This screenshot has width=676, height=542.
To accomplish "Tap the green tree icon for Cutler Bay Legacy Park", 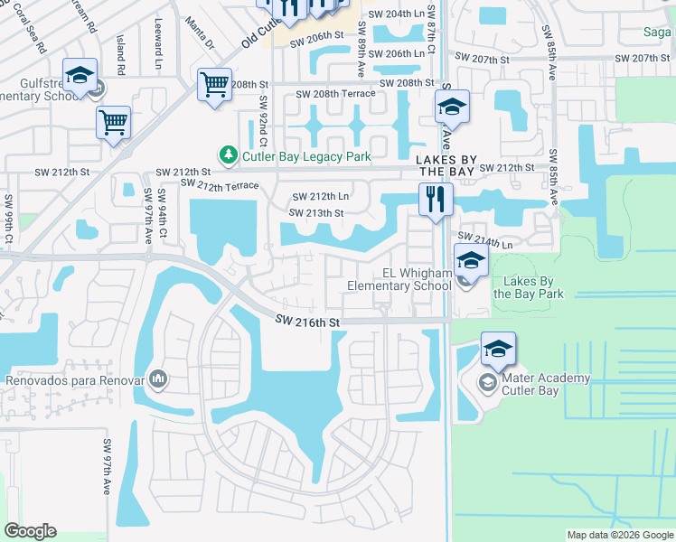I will click(229, 156).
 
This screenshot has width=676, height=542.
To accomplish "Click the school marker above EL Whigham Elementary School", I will click(471, 262).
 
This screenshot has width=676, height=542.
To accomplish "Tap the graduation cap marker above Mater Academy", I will click(498, 349).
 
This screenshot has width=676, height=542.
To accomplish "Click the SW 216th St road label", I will click(307, 322).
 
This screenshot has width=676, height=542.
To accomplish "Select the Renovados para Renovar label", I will click(75, 380).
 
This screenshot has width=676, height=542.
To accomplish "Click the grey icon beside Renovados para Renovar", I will click(159, 378).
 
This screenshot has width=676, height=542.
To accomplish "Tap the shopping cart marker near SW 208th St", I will click(214, 86).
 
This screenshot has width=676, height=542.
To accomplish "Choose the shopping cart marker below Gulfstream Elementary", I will click(113, 123).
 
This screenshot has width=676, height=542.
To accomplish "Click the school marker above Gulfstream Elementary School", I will click(80, 75).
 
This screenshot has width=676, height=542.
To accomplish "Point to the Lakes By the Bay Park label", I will click(528, 288).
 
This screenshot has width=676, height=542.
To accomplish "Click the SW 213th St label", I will click(315, 213).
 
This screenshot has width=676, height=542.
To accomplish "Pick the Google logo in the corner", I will click(30, 531).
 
